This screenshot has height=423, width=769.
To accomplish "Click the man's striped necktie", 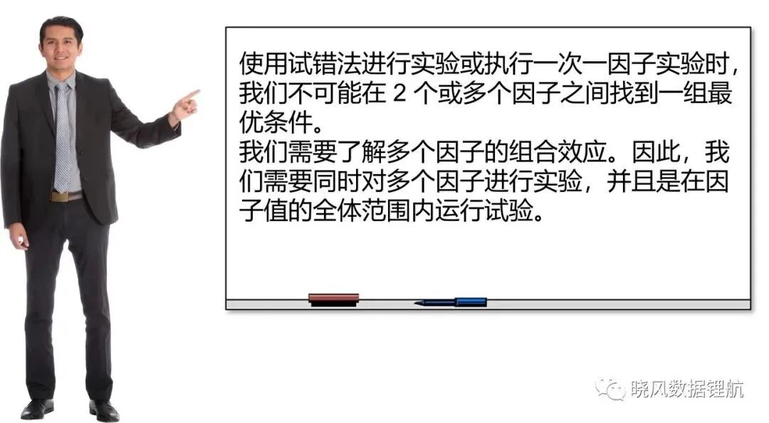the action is [x=62, y=137].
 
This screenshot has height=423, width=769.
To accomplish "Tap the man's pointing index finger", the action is [x=192, y=94].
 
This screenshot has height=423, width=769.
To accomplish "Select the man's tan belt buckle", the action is [x=60, y=197].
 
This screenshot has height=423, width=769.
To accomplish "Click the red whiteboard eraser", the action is [x=333, y=299].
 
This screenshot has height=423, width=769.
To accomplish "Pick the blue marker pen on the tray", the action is [x=451, y=302].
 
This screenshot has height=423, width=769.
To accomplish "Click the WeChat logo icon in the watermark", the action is [x=609, y=388].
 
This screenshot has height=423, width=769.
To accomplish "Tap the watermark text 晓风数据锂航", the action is [x=687, y=389].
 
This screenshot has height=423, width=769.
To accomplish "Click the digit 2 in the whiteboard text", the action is [x=399, y=93].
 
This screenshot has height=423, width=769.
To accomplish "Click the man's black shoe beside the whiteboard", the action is [x=104, y=410].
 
